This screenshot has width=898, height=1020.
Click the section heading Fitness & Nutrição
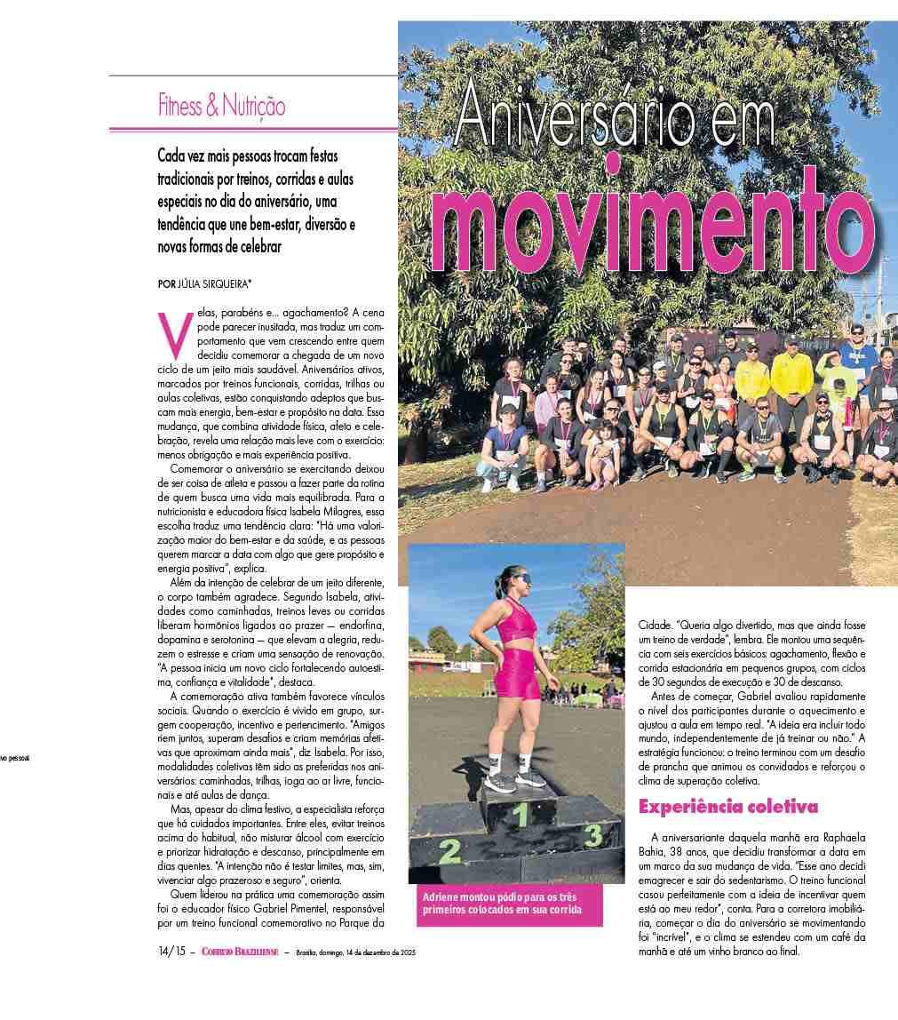(221, 108)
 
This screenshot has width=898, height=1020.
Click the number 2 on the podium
(450, 851)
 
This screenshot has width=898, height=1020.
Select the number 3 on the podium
(593, 835)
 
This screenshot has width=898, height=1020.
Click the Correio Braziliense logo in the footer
(240, 952)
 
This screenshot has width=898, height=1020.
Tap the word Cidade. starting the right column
(658, 626)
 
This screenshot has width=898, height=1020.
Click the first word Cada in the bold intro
(172, 155)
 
